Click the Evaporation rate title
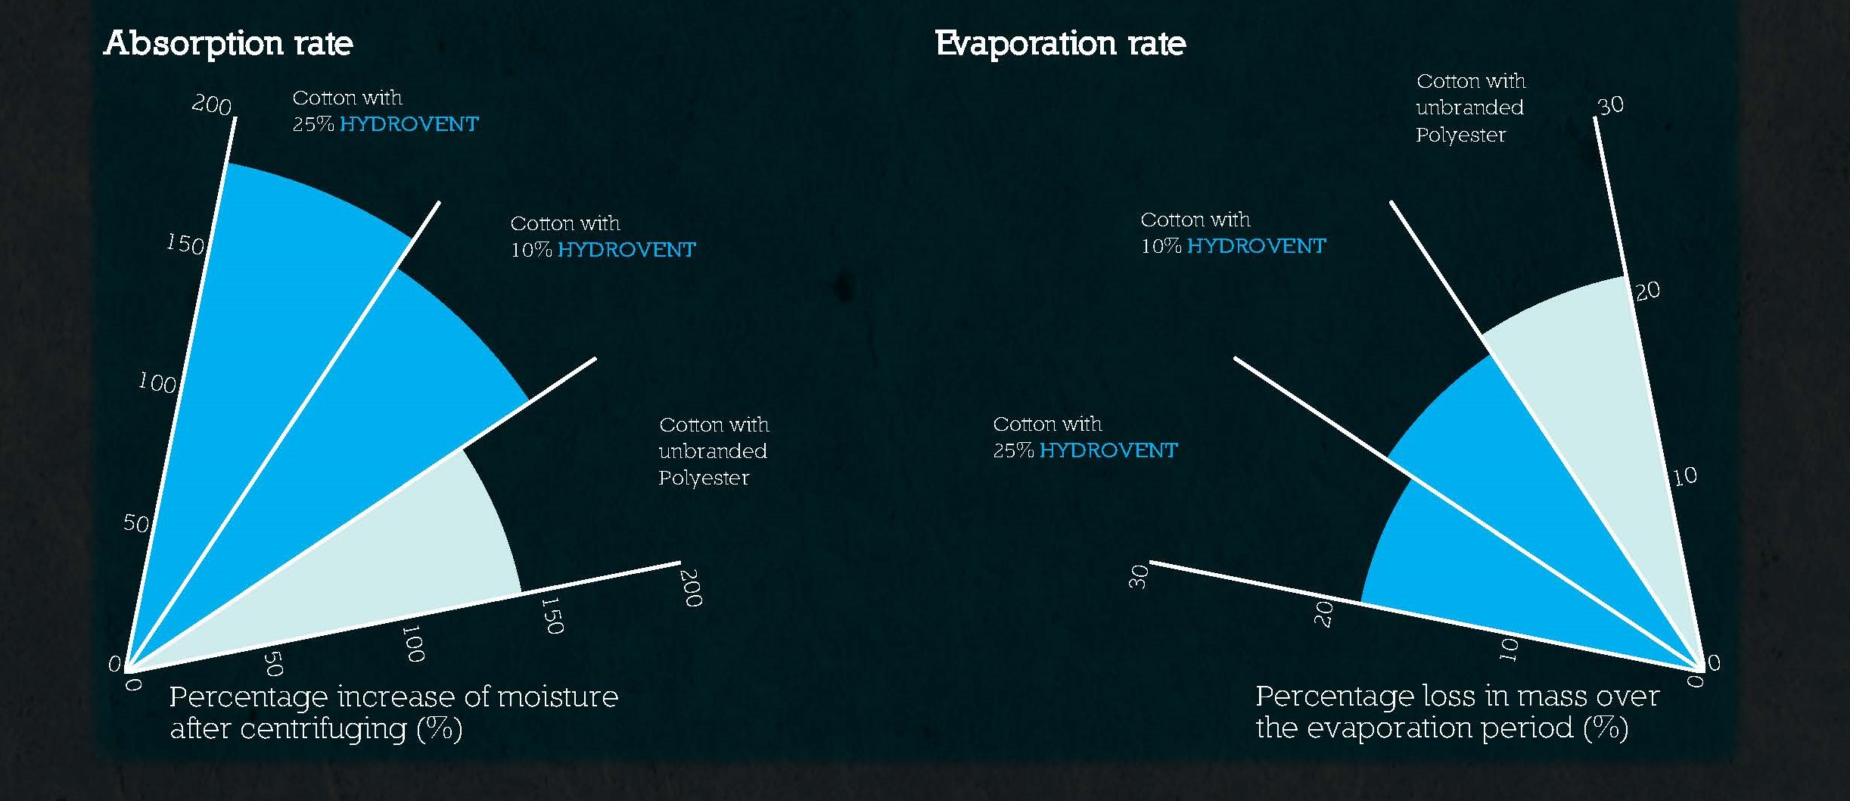1060,43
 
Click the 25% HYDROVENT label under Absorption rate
386,111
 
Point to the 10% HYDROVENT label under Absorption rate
603,236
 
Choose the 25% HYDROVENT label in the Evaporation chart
1085,437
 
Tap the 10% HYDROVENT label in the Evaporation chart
1233,232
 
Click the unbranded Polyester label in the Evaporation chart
1470,108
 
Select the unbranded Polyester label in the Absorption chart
714,450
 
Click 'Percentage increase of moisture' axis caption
393,697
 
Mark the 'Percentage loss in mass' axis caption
1457,696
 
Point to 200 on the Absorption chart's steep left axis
212,104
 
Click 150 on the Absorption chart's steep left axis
185,244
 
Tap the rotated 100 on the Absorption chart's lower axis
413,644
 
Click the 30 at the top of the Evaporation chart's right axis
1611,104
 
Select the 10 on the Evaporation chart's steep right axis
1685,476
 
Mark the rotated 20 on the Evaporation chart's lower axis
1323,614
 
